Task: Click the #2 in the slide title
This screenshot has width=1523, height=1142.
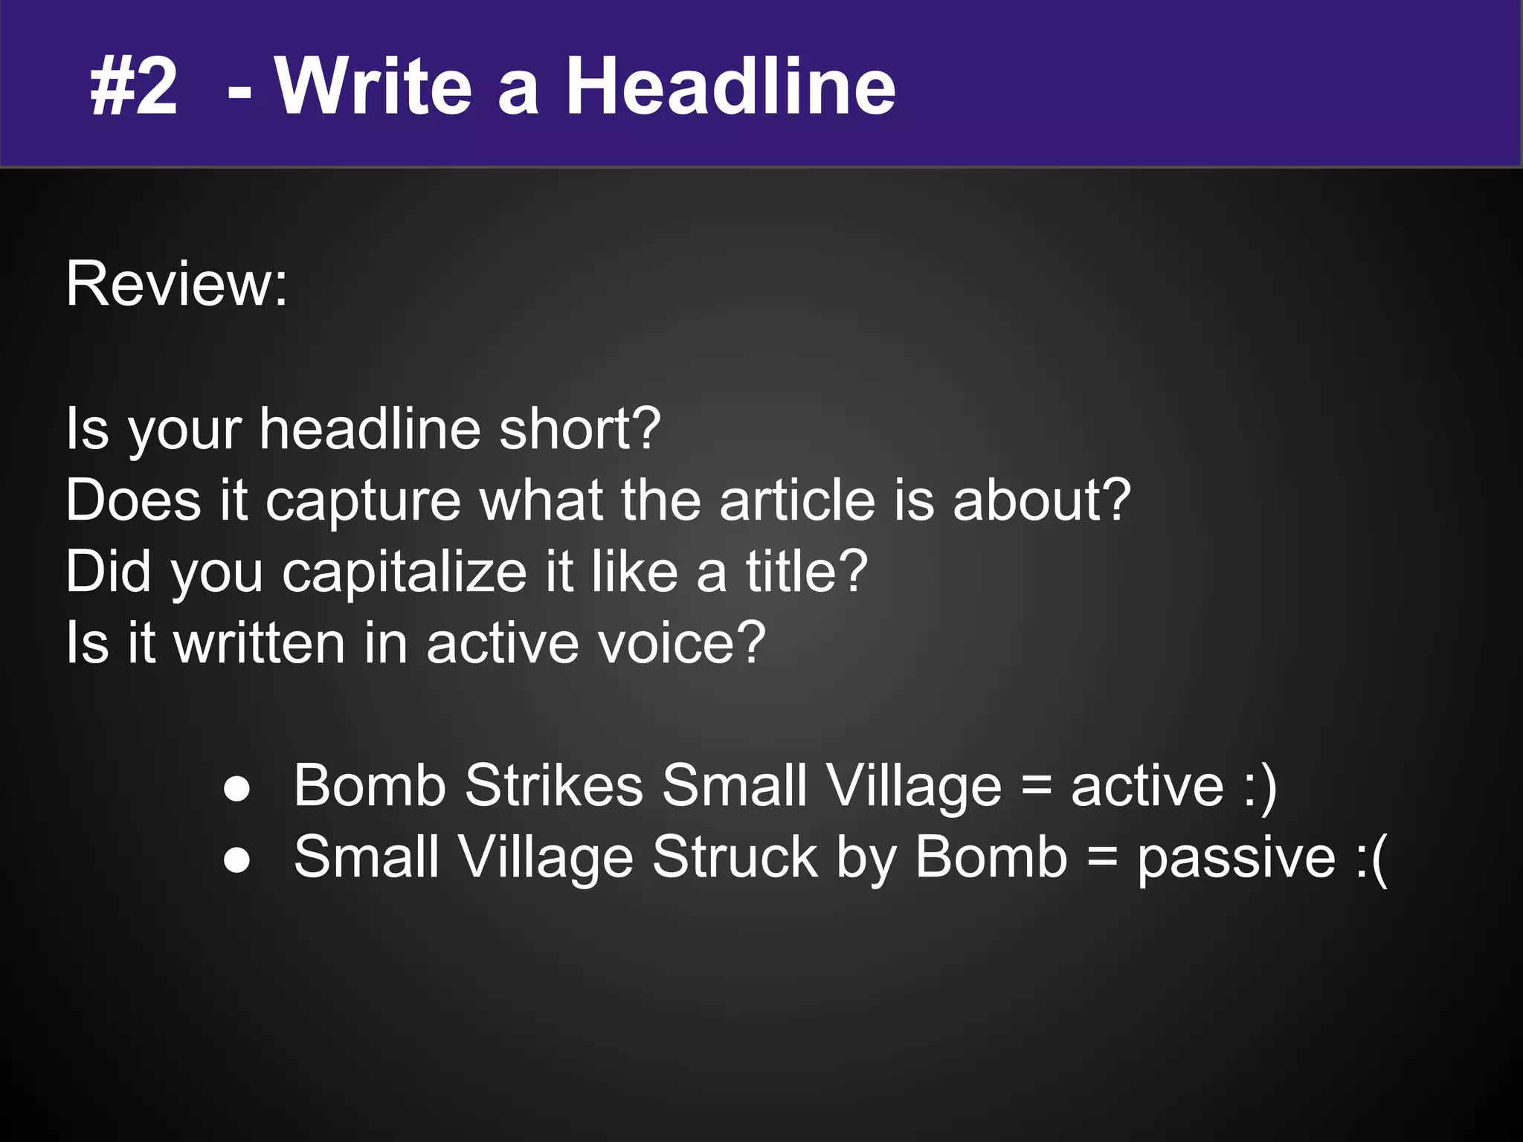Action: (134, 88)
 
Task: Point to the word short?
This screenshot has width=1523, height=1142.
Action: (580, 429)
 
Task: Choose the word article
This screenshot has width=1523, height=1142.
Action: (796, 500)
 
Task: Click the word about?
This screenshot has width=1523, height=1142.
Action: (1041, 500)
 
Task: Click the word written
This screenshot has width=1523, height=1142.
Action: (260, 642)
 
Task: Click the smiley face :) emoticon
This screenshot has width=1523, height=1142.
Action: (1260, 787)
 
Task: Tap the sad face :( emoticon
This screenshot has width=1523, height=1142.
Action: (1370, 858)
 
